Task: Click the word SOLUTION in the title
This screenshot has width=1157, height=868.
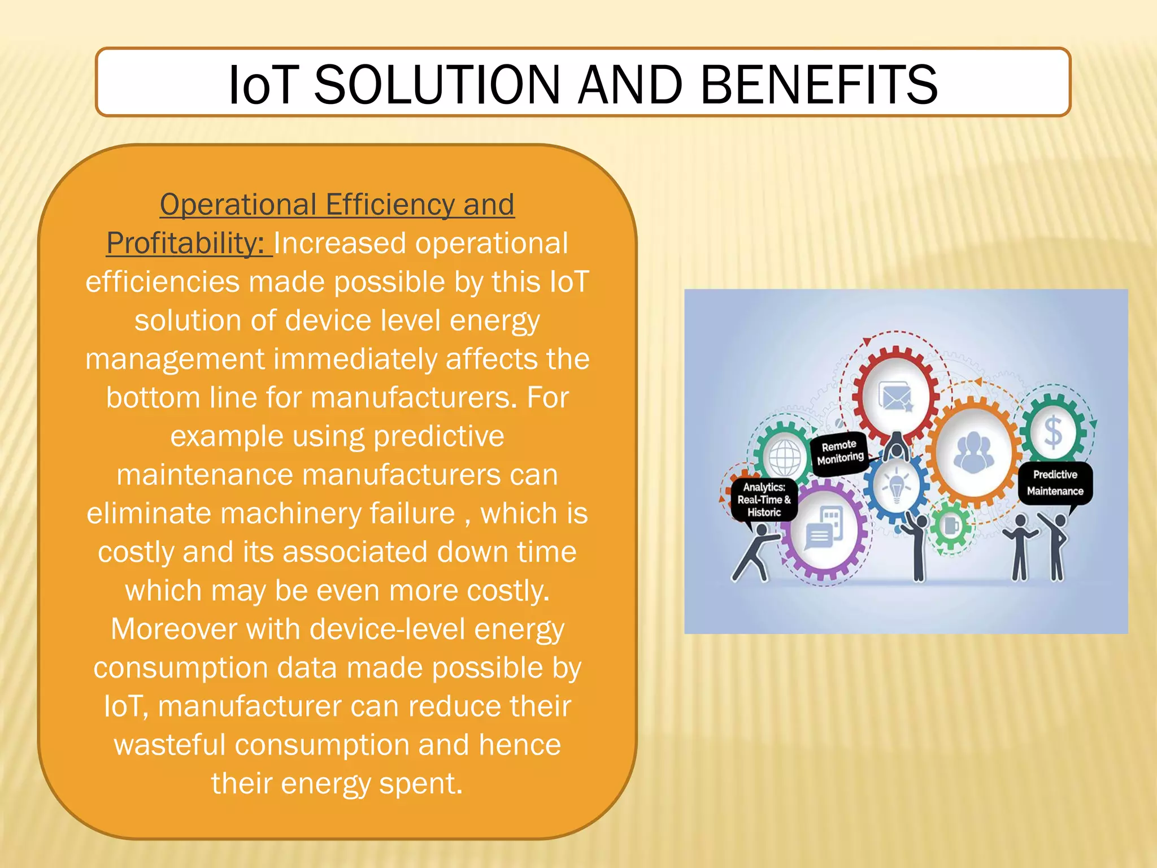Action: coord(436,85)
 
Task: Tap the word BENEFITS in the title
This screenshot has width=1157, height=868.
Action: coord(819,85)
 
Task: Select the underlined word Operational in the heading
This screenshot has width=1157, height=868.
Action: coord(238,204)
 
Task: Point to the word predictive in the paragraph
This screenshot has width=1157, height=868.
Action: coord(438,436)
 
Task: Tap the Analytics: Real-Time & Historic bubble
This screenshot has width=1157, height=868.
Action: coord(763,500)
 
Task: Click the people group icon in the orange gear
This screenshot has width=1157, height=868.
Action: coord(973,452)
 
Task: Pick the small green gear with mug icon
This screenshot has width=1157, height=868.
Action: coord(951,526)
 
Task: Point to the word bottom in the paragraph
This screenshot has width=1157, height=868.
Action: coord(153,397)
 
